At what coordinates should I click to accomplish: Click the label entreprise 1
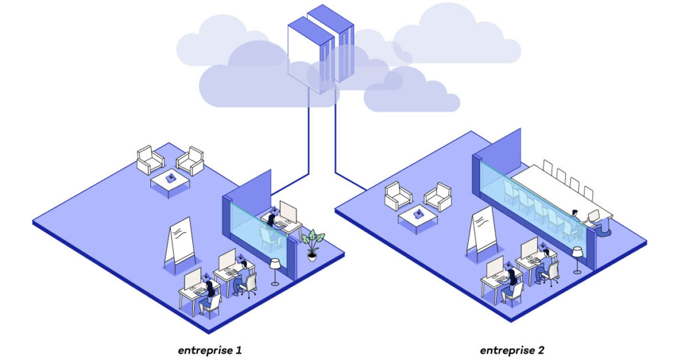[209, 350]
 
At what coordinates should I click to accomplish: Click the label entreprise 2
[512, 350]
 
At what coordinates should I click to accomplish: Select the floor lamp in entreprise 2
[577, 260]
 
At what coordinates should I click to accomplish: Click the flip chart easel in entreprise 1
[180, 244]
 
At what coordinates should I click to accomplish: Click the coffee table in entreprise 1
[170, 182]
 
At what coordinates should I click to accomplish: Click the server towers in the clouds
[321, 49]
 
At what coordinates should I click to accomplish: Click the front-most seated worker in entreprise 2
[510, 285]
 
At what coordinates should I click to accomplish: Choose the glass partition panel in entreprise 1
[259, 230]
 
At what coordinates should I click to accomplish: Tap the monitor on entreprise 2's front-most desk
[495, 267]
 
